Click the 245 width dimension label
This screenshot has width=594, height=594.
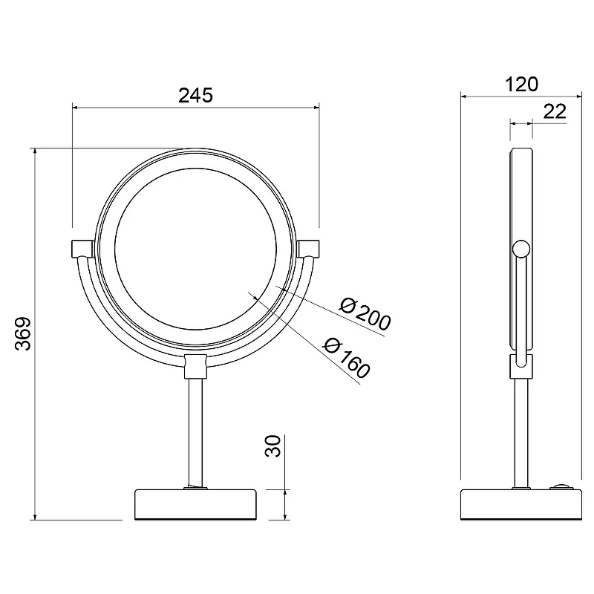(195, 96)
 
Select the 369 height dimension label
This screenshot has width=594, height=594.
(23, 333)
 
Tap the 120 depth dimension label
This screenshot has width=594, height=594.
(522, 85)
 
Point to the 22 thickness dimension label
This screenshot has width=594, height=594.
(555, 111)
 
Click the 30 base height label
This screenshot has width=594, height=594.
(272, 446)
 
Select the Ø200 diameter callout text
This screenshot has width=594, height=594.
(365, 314)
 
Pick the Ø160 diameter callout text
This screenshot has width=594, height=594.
(346, 358)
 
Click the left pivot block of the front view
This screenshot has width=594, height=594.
(83, 249)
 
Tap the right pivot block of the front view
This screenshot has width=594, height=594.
(308, 249)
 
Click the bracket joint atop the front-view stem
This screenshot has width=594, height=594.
(195, 366)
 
